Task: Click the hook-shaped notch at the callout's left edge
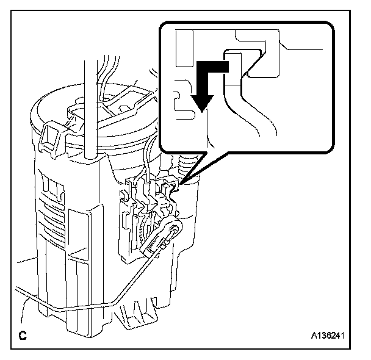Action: click(179, 102)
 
